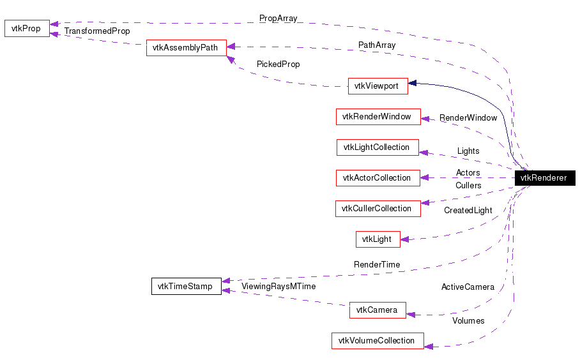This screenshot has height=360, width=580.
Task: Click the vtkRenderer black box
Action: coord(544,178)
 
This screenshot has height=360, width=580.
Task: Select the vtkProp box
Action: coord(27,29)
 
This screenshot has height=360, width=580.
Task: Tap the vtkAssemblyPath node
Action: coord(186,48)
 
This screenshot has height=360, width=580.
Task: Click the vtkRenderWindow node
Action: coord(378,117)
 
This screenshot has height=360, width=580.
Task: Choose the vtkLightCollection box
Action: coord(377,147)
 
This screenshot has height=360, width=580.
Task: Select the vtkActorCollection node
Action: coord(378,178)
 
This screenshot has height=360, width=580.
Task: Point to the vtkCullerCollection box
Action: coord(378,209)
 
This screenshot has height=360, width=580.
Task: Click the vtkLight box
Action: coord(378,239)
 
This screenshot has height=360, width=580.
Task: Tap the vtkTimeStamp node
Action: coord(186,287)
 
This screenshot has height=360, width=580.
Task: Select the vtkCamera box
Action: coord(377,310)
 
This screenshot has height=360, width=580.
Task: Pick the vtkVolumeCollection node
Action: coord(377,341)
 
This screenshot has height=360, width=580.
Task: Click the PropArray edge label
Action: coord(278,19)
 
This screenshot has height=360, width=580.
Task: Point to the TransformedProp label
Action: coord(97,31)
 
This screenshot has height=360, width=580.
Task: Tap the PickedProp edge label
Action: coord(278,64)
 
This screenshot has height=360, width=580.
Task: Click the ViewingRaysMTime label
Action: coord(279,287)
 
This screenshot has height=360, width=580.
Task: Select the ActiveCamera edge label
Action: coord(468,287)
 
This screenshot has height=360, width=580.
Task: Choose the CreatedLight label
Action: coord(468,211)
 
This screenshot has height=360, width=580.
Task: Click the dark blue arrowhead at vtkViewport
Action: coord(413,83)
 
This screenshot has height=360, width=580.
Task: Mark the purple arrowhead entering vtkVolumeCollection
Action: coord(429,346)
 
